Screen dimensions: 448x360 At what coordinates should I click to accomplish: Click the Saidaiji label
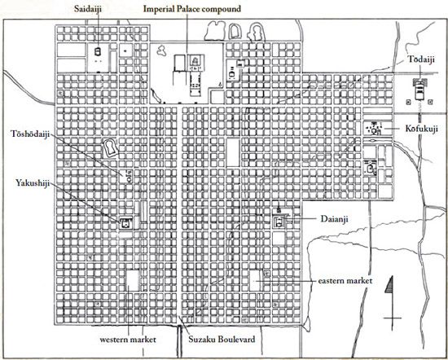tap(88, 9)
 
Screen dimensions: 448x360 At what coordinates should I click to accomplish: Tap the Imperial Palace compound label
tap(192, 9)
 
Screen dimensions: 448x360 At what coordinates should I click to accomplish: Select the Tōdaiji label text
tap(421, 59)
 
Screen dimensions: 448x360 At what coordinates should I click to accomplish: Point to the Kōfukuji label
tap(421, 129)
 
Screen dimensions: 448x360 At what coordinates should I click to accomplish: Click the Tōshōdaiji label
tap(30, 134)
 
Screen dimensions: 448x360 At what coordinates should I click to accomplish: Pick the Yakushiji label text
tap(33, 182)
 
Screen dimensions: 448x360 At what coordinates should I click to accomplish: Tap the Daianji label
tap(334, 219)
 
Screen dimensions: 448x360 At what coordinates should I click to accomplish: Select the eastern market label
tap(345, 280)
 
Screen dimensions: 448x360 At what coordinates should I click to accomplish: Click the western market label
tap(128, 340)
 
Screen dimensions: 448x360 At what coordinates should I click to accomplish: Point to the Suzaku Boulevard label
tap(222, 340)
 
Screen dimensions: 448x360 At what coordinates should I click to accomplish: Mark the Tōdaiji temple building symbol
tap(419, 89)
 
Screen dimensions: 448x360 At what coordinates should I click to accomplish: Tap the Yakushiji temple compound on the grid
tap(126, 223)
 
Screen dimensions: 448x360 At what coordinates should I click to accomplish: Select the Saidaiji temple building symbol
tap(98, 51)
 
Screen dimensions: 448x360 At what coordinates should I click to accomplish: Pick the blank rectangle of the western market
tap(133, 280)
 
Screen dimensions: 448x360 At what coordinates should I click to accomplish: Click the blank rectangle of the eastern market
tap(255, 280)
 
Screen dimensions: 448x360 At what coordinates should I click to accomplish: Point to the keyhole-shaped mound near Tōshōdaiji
tap(110, 147)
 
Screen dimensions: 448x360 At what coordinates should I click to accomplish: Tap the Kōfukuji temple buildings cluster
tap(375, 128)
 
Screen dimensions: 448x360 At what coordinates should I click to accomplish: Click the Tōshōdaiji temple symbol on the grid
tap(129, 177)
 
